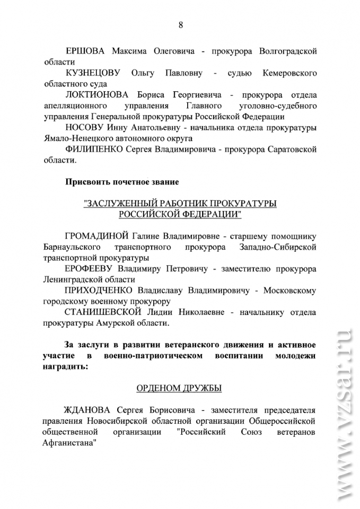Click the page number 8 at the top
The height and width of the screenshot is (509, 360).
(181, 25)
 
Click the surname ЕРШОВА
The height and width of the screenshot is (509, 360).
(85, 51)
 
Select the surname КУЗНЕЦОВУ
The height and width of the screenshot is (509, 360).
(93, 73)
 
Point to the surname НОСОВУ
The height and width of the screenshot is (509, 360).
(83, 128)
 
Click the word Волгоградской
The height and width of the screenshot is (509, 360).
(288, 51)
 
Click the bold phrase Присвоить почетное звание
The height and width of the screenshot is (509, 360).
(122, 182)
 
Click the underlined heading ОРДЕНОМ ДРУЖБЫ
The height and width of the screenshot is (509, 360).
(179, 388)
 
